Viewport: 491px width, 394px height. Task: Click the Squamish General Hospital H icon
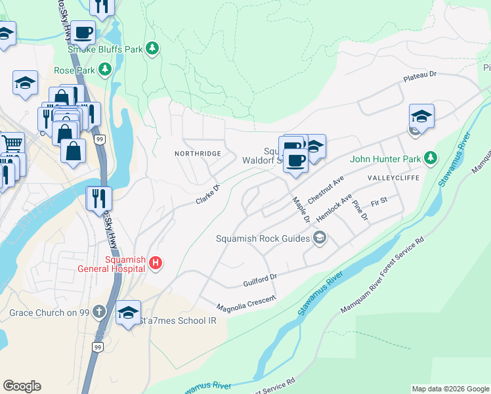tap(156, 263)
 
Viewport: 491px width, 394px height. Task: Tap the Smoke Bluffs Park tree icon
tap(152, 48)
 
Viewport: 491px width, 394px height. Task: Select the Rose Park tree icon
tap(104, 69)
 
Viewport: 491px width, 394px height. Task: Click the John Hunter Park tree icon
tap(430, 158)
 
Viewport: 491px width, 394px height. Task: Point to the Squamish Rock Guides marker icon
tap(320, 238)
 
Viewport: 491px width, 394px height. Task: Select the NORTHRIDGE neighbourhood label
tap(196, 153)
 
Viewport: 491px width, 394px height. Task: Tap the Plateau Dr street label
tap(420, 77)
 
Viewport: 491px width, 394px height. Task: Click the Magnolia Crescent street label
tap(246, 302)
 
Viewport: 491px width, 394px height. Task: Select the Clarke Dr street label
tap(207, 194)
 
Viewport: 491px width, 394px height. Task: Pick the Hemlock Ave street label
tap(334, 208)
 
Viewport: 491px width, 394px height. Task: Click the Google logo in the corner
tap(22, 386)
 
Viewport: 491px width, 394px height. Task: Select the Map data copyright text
tap(450, 389)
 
